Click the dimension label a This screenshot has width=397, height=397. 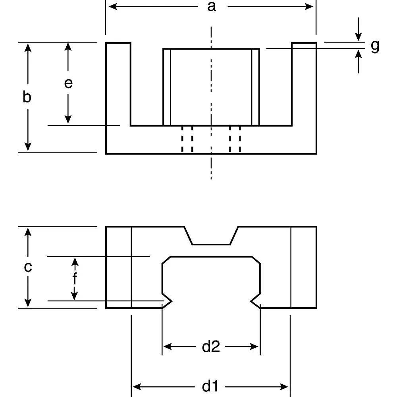212,7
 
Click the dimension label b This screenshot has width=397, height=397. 27,97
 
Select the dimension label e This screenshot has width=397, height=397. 68,83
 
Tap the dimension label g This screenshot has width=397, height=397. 375,46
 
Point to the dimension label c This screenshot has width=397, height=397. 27,267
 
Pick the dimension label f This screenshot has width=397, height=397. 75,279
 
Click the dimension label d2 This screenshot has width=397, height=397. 211,347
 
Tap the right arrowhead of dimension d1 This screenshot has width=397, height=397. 284,386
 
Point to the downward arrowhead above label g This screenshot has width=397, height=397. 358,37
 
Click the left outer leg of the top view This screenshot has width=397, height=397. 118,83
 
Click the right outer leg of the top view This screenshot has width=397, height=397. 304,83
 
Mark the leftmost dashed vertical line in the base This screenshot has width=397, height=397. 182,139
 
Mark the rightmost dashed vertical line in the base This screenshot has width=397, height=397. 240,139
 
